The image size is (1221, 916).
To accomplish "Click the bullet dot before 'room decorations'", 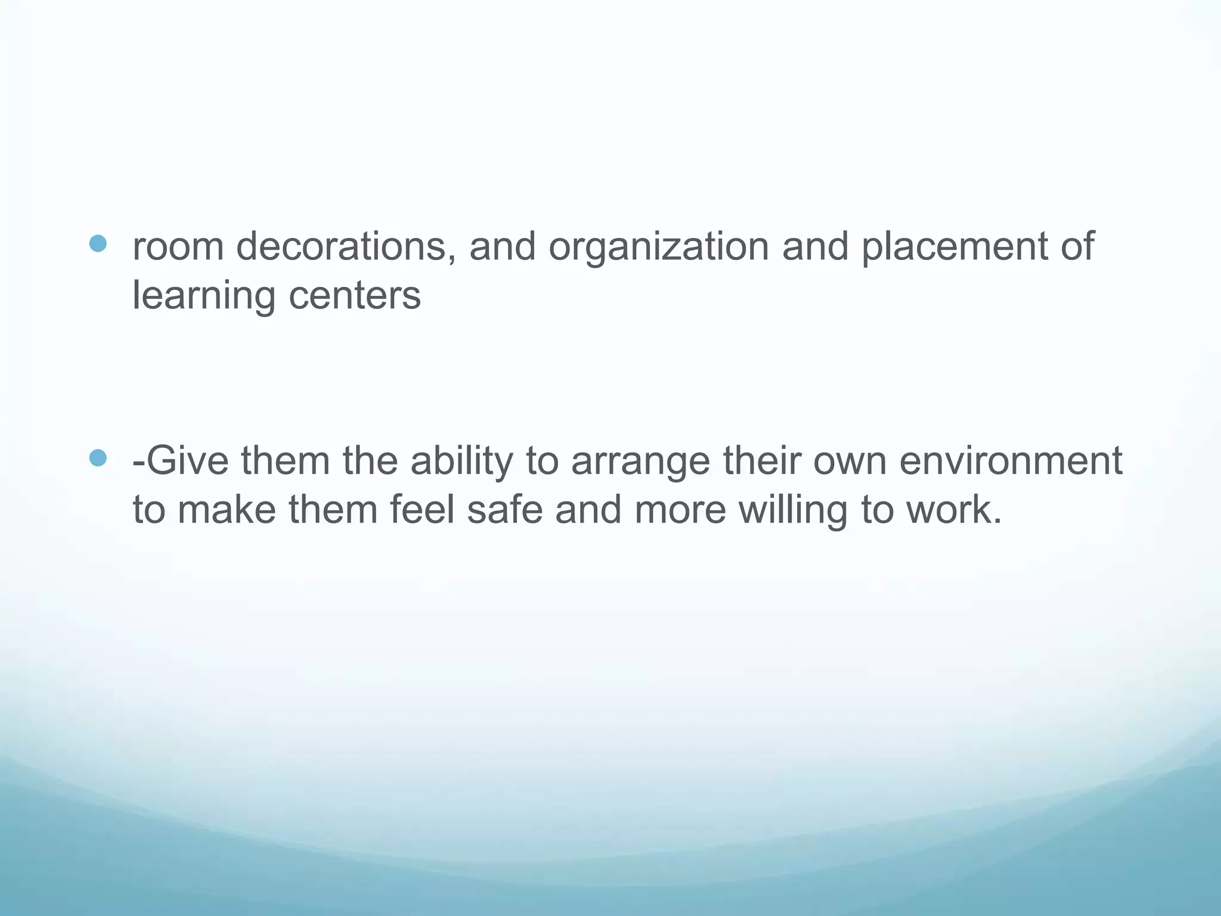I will (97, 243).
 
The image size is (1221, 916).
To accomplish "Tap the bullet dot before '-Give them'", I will (97, 458).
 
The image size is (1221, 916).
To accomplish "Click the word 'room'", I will (178, 247).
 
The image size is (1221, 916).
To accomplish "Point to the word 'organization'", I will (658, 247).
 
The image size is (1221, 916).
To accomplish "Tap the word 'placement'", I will (954, 247).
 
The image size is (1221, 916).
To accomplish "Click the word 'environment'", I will (1011, 462).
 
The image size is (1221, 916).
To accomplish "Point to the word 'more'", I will (680, 510).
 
